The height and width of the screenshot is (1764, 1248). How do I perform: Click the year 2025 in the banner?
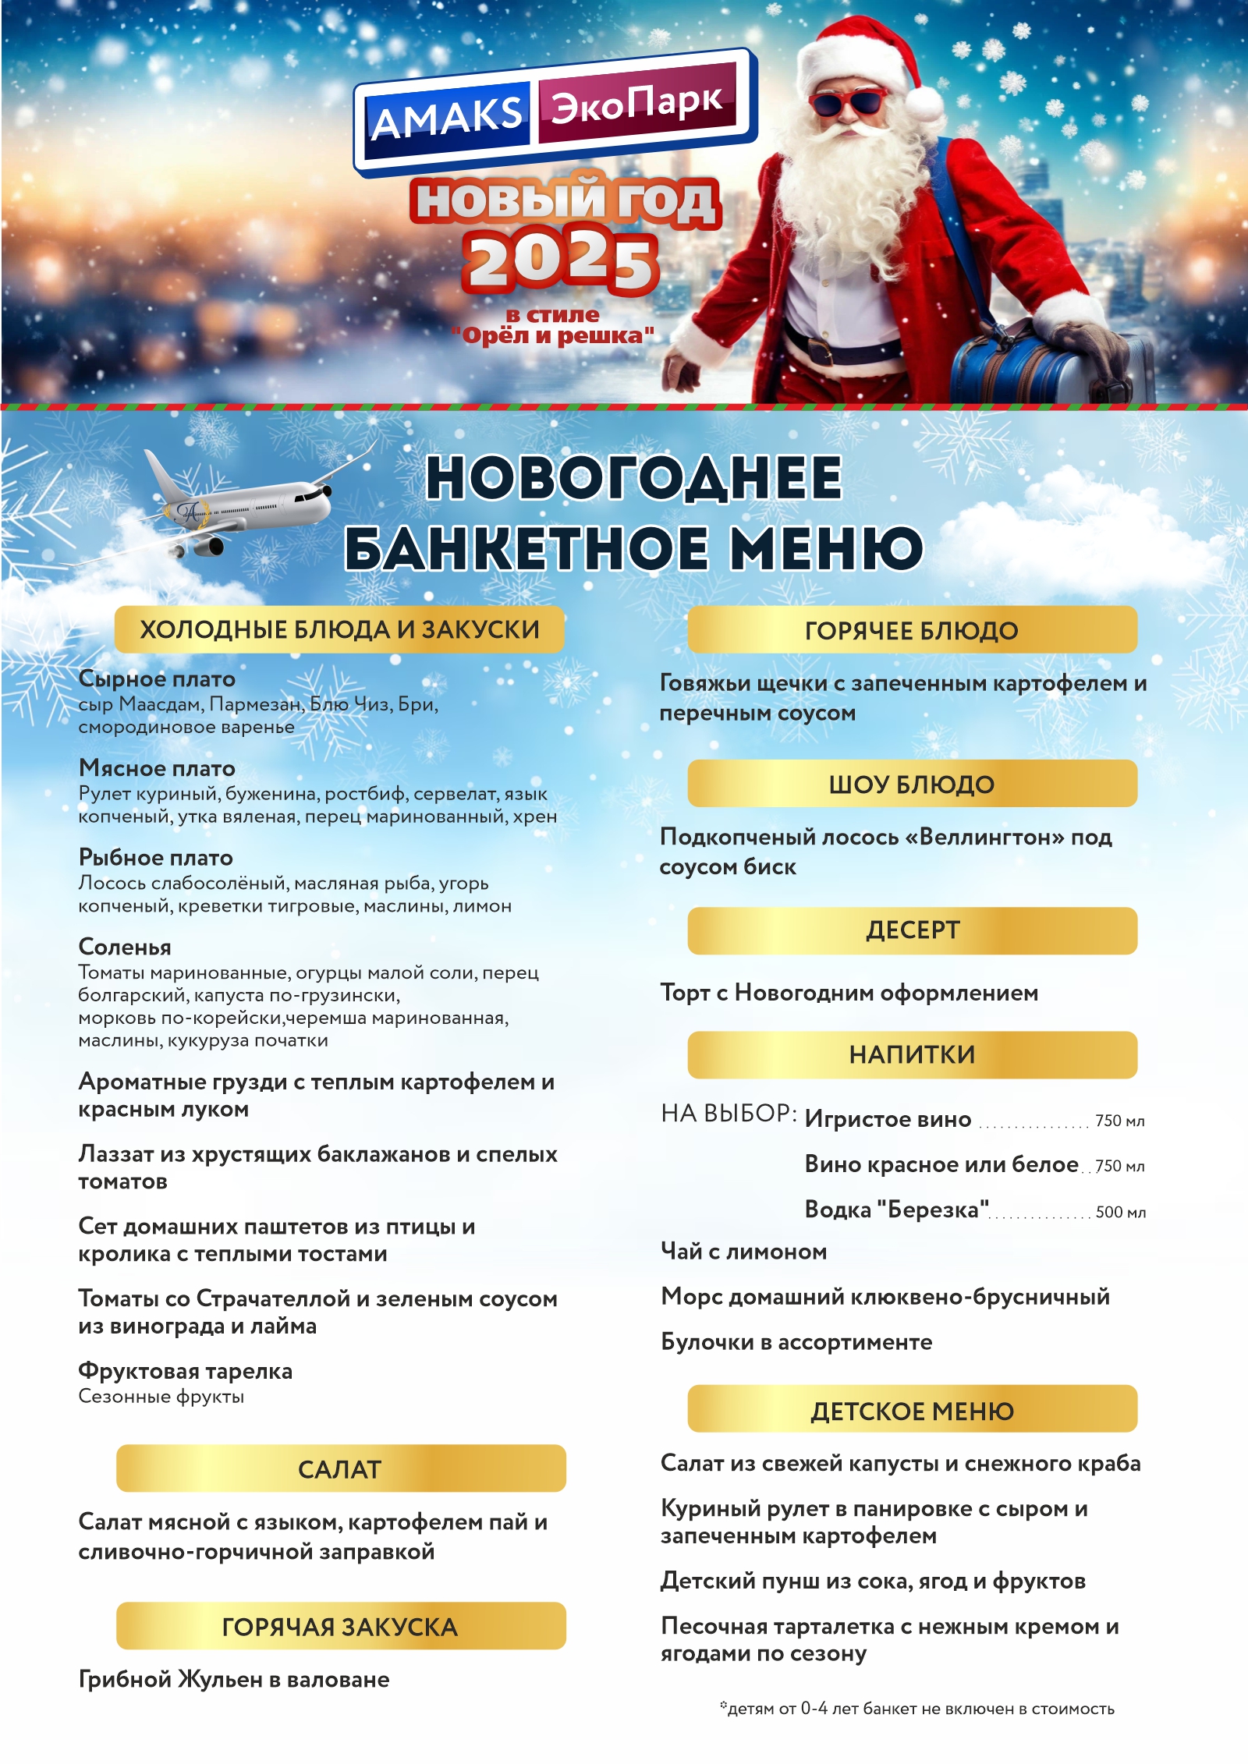[560, 262]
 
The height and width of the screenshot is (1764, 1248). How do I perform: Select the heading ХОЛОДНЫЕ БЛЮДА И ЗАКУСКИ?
[339, 629]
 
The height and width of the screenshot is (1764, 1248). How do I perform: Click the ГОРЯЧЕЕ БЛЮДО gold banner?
[911, 630]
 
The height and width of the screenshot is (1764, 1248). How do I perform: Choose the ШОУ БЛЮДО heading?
[911, 784]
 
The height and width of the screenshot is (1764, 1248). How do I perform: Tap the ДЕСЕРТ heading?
[911, 930]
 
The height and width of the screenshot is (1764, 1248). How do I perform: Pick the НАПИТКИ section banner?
[911, 1054]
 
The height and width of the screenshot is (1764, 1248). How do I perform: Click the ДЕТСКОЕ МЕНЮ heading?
[911, 1411]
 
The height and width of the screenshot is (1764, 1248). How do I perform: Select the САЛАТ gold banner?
[340, 1469]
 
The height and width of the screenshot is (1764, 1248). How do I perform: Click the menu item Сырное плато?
[157, 678]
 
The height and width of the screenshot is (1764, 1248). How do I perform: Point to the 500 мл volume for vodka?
[1120, 1212]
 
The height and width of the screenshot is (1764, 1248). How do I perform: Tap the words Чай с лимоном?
[743, 1252]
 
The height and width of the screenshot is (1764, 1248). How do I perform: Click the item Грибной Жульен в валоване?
[234, 1679]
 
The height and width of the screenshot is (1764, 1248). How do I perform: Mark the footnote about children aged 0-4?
[916, 1709]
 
